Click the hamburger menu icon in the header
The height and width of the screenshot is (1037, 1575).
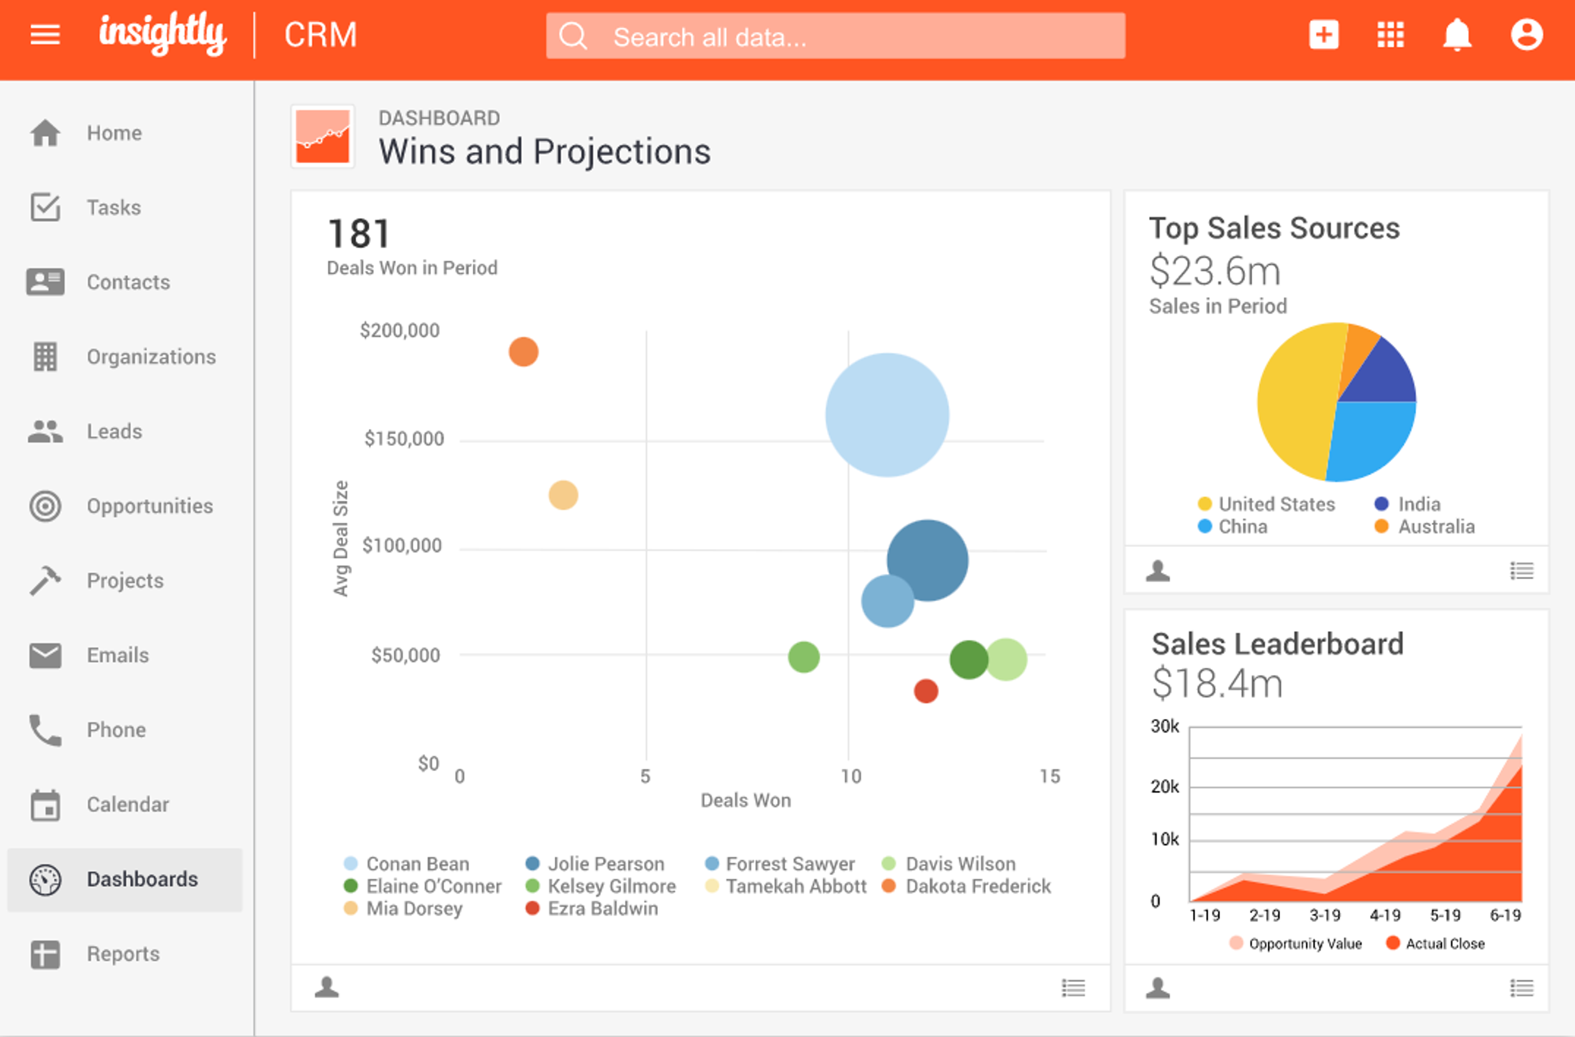[x=45, y=34]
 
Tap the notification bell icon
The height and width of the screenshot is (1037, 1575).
[x=1456, y=34]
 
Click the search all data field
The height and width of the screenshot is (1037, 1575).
[x=835, y=37]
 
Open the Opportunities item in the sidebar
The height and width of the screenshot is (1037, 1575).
[x=150, y=506]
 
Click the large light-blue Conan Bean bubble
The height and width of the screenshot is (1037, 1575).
[x=887, y=415]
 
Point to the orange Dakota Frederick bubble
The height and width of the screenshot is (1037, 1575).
[x=523, y=352]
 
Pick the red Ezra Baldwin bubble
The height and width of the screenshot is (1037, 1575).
[x=925, y=691]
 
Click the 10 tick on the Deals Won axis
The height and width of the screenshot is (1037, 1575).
[x=850, y=776]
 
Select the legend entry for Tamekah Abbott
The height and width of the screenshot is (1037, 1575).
[x=795, y=886]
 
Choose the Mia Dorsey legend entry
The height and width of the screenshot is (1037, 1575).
[x=413, y=909]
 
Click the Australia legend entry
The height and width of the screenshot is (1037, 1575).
[x=1436, y=527]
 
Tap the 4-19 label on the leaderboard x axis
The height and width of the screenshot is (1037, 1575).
[x=1384, y=915]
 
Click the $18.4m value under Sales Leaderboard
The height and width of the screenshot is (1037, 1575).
[x=1217, y=683]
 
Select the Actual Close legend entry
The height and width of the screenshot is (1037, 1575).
[x=1444, y=943]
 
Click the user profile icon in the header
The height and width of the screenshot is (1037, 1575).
[x=1526, y=34]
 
